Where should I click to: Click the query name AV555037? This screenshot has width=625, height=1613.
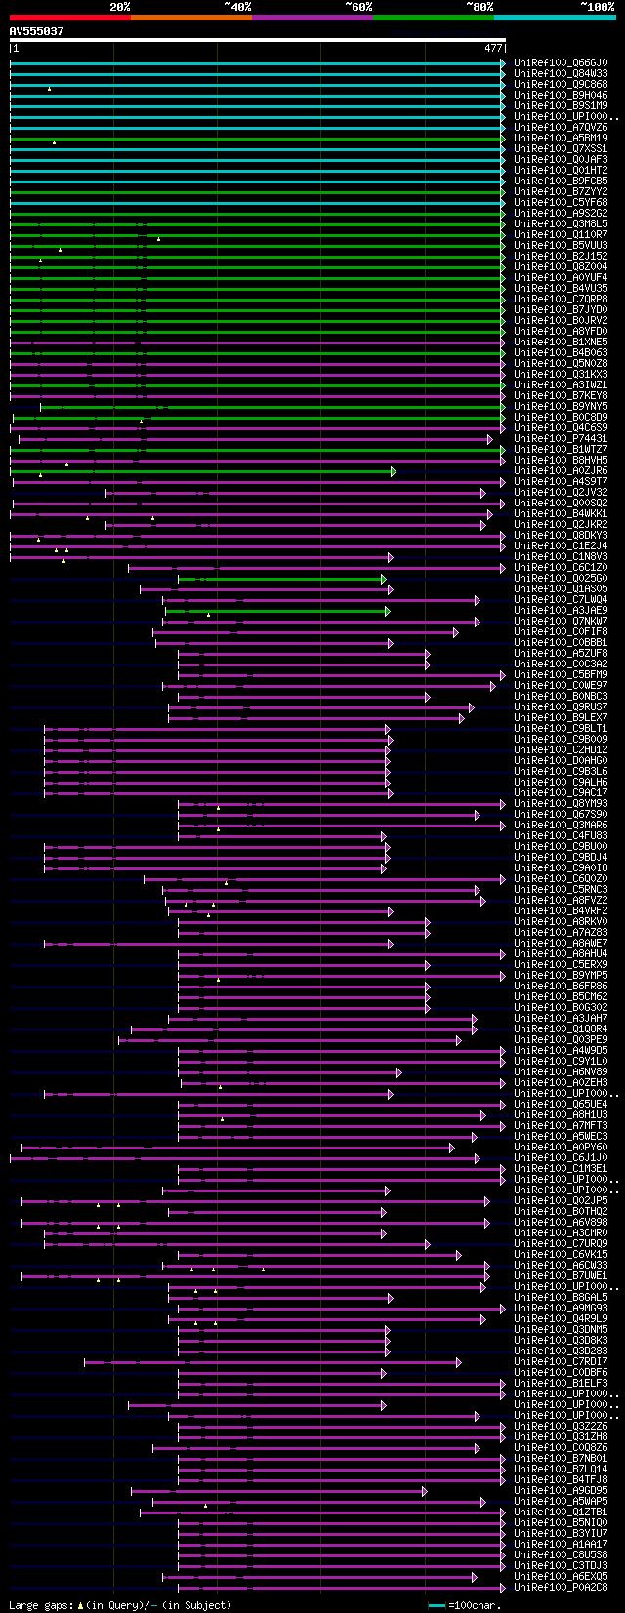[36, 31]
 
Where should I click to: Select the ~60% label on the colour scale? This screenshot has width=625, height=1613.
[358, 7]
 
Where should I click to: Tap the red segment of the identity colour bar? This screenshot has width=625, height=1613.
[69, 18]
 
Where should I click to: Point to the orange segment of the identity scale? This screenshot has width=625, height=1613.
[190, 18]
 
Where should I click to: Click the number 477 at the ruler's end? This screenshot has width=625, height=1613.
[493, 48]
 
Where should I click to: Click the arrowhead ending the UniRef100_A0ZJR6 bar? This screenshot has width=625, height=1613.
[394, 471]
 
